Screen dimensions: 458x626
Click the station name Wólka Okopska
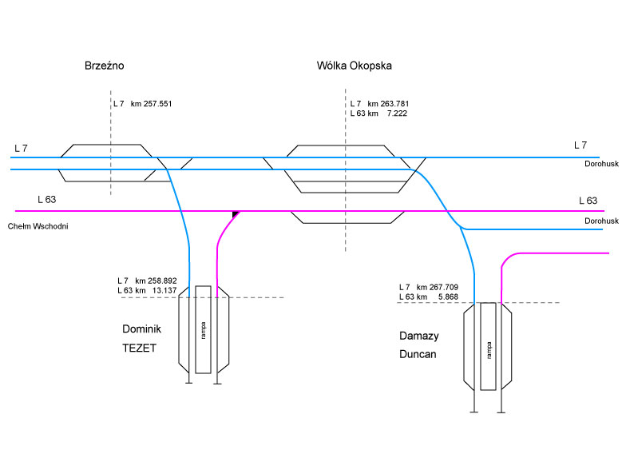tap(355, 66)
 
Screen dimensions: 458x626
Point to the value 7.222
tap(397, 114)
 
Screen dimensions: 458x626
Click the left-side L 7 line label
tap(21, 149)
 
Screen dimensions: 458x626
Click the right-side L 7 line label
tap(580, 145)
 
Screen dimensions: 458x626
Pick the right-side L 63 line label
tap(588, 200)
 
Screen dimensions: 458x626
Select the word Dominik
tap(142, 329)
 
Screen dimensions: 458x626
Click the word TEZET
tap(140, 348)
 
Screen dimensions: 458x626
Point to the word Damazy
tap(418, 336)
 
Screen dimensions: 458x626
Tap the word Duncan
tap(418, 354)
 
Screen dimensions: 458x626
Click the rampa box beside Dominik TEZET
tap(204, 329)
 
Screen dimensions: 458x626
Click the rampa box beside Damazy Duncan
tap(488, 347)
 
